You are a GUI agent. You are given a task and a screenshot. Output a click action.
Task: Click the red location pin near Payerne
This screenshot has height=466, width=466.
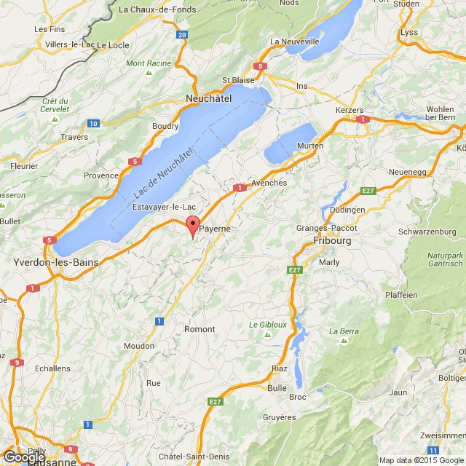192,225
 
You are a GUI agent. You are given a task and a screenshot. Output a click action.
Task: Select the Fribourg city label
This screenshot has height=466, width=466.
332,240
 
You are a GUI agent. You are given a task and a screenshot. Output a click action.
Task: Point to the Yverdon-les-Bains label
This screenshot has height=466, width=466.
46,260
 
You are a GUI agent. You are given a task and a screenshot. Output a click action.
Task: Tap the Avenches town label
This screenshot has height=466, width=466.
269,183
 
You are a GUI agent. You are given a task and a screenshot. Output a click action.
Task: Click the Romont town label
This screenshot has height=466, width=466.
200,329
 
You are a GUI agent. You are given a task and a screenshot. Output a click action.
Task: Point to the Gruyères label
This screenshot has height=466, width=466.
280,417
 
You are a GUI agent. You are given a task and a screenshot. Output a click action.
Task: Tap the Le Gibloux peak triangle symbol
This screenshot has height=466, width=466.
266,334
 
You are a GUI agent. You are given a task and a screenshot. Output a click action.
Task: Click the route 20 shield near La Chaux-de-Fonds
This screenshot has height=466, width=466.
181,34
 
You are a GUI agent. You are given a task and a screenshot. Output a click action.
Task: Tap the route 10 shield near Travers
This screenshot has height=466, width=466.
92,124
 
